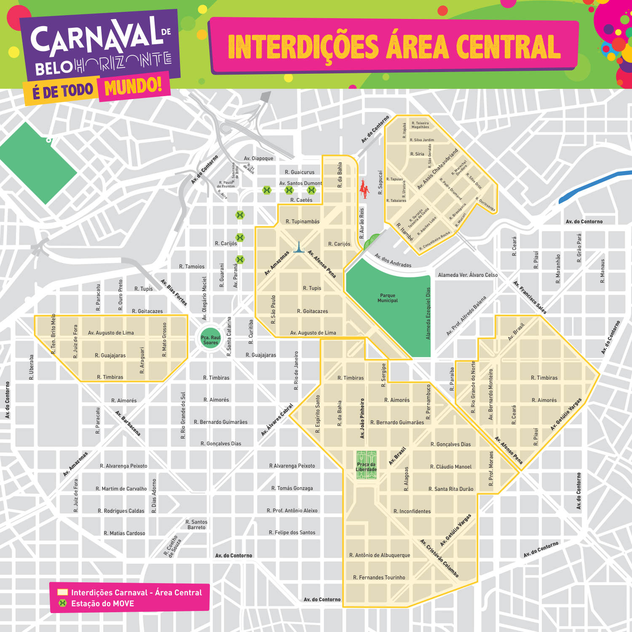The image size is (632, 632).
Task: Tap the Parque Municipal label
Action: coord(388,298)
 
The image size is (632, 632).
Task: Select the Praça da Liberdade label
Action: coord(366,467)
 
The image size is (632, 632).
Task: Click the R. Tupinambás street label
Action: coord(303,222)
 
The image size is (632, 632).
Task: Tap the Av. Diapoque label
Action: coord(258,158)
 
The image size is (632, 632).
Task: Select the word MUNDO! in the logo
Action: coord(133,87)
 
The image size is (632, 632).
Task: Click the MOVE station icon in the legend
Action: coord(63,603)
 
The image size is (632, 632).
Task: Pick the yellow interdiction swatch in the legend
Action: coord(63,592)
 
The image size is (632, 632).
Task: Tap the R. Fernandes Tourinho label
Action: coord(379,577)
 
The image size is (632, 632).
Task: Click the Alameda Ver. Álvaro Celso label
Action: coord(468,275)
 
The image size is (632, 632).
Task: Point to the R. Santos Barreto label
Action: coord(197,525)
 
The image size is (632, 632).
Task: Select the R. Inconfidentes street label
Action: coord(412,511)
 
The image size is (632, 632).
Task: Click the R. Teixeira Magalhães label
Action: coord(420,125)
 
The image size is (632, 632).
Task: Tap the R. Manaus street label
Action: coord(603,271)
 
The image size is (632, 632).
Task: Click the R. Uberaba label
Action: coord(32,367)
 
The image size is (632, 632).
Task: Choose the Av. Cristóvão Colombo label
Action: coord(439,558)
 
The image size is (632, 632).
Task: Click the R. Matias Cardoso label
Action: coord(124,533)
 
